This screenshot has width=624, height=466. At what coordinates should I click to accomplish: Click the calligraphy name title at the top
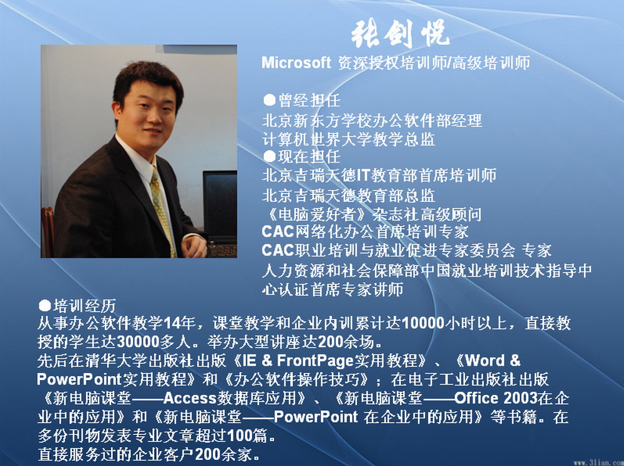[401, 33]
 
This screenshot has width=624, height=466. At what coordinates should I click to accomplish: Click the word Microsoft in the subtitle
[296, 63]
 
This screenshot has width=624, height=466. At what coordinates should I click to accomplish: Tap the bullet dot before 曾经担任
[270, 100]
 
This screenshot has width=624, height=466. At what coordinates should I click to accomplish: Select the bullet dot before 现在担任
[270, 156]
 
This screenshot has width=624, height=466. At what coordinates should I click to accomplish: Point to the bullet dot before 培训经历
[44, 305]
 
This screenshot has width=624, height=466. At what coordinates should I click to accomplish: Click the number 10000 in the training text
[422, 323]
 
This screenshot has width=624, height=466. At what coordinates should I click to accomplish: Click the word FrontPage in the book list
[315, 361]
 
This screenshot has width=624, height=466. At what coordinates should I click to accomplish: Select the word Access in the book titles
[190, 398]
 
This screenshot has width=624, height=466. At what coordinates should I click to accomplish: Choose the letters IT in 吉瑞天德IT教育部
[363, 175]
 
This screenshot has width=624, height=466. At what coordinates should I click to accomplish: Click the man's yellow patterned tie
[162, 211]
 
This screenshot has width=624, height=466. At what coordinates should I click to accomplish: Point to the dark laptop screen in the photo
[220, 203]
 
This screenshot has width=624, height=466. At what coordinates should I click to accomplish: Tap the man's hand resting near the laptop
[194, 246]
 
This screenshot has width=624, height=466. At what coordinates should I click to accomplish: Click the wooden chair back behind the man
[47, 232]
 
